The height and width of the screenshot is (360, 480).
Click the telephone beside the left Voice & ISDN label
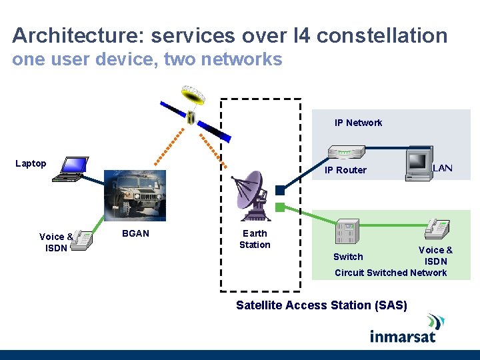pos(81,240)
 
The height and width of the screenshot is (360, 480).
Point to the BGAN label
pos(135,233)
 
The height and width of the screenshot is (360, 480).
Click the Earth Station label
pos(255,239)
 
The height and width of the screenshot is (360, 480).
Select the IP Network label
pos(358,123)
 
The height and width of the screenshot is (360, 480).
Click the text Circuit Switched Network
pos(391,273)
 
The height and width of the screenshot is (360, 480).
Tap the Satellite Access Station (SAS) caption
pos(321,305)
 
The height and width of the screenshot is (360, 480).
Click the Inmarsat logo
pos(403,329)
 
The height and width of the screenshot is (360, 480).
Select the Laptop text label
pos(31,163)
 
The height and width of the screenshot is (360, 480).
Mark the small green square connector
pos(280,207)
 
